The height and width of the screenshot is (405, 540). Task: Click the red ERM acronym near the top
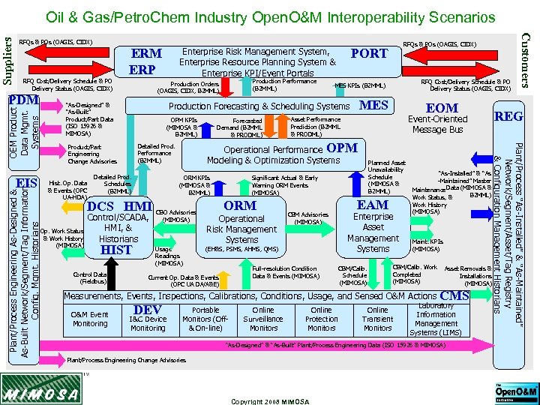pos(146,54)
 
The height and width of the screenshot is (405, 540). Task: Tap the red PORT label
pos(369,53)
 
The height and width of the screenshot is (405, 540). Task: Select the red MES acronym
pos(373,106)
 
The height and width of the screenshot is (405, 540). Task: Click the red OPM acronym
pos(342,148)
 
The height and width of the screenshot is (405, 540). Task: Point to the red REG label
pos(508,116)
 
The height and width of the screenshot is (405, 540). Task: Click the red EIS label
pos(27,183)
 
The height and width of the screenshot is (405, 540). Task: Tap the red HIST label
pos(115,250)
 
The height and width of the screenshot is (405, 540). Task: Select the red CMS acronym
pos(455,296)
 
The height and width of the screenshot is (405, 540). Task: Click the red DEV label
pos(147,310)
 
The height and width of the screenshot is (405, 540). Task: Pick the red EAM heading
pos(373,204)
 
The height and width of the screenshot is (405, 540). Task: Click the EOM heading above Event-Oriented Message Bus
pos(442,108)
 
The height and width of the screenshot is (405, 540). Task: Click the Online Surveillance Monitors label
pos(263,319)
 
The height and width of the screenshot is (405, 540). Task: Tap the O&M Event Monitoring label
pos(89,319)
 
